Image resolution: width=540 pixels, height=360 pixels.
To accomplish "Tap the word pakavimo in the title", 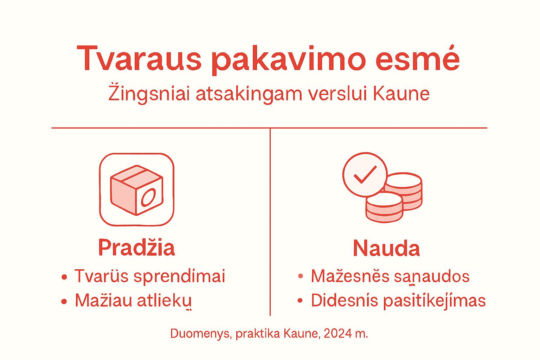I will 289,60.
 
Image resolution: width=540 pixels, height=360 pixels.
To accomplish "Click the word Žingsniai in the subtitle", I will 149,94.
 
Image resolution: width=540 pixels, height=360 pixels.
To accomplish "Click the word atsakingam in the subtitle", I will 249,94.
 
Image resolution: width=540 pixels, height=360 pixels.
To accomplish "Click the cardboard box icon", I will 136,189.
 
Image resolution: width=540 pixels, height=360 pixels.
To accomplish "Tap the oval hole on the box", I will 148,197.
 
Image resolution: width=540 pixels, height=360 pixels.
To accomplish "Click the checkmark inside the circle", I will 365,174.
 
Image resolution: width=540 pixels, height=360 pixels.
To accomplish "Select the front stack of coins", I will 384,207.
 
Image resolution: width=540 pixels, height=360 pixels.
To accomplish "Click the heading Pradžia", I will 136,247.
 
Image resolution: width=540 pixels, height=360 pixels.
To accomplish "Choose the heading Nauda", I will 386,248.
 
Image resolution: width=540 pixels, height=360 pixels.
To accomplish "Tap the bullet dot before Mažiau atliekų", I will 64,301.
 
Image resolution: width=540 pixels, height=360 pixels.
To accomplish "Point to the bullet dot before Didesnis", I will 300,301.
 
